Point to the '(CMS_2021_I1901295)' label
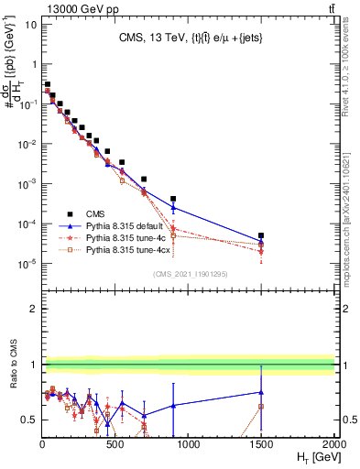189,274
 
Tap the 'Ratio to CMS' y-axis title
12,377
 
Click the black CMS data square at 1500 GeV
261,235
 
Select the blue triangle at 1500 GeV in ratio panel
261,392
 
